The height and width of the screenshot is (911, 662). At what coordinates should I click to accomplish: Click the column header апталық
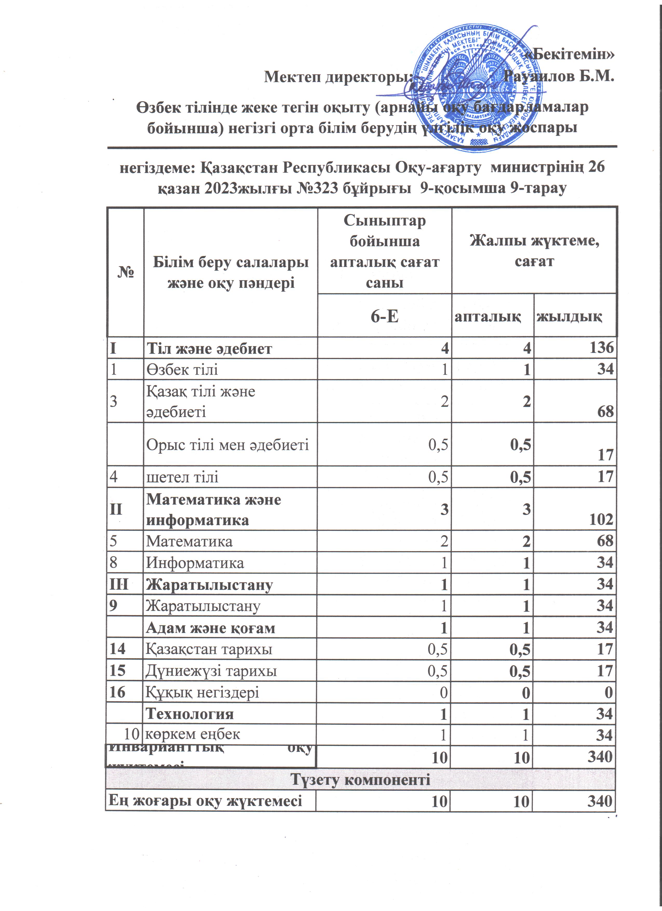(x=488, y=317)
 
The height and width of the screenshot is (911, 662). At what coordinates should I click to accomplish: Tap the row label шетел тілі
(x=182, y=477)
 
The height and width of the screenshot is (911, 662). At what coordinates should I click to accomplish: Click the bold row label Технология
(x=190, y=714)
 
